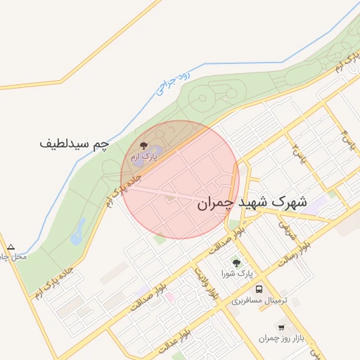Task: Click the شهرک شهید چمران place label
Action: pos(252,202)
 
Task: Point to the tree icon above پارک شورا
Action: pos(236,262)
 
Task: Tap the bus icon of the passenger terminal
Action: pos(259,289)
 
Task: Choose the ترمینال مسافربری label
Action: pos(257,300)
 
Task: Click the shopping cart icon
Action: pos(281,327)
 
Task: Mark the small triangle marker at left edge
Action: pos(11,247)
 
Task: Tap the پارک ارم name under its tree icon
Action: pos(144,157)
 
